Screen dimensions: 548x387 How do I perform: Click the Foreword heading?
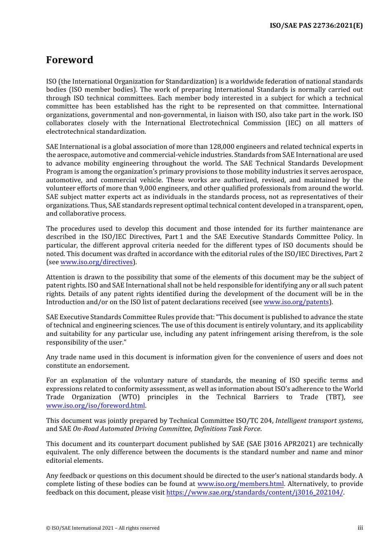[70, 60]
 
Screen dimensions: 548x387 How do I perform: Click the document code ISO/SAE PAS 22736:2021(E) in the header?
[316, 25]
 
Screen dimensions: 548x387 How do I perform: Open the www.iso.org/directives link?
[97, 262]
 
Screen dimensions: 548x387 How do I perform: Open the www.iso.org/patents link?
[296, 302]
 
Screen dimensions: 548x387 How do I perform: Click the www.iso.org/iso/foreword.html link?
[95, 406]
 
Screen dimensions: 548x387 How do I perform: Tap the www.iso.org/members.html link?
[240, 484]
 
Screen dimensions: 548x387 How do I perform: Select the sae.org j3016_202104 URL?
[255, 493]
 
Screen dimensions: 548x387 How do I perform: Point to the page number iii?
[360, 528]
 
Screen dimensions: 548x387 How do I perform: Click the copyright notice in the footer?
[103, 528]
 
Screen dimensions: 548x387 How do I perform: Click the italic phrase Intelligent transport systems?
[318, 420]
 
